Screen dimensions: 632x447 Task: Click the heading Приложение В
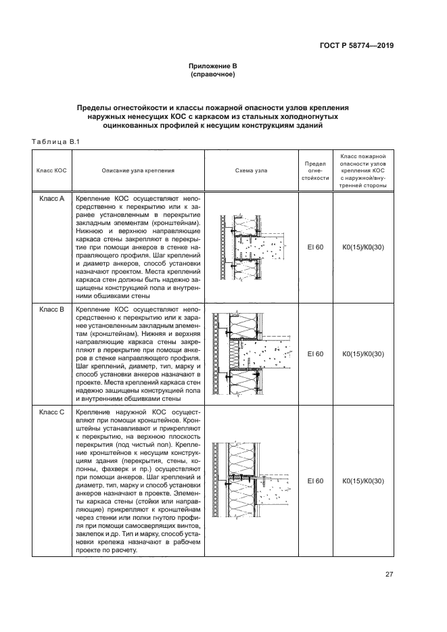coord(212,66)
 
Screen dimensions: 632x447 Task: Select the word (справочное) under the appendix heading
coord(212,75)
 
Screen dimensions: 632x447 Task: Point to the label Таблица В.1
coord(56,141)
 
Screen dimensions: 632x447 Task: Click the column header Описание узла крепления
coord(138,170)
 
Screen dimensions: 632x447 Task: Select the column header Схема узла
coord(251,170)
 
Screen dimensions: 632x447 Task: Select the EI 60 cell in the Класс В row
coord(315,354)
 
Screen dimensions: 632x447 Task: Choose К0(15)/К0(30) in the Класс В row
coord(363,354)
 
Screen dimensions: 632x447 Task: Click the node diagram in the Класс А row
coord(252,248)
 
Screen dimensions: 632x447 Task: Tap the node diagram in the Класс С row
coord(252,481)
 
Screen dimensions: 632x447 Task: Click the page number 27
coord(390,575)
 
